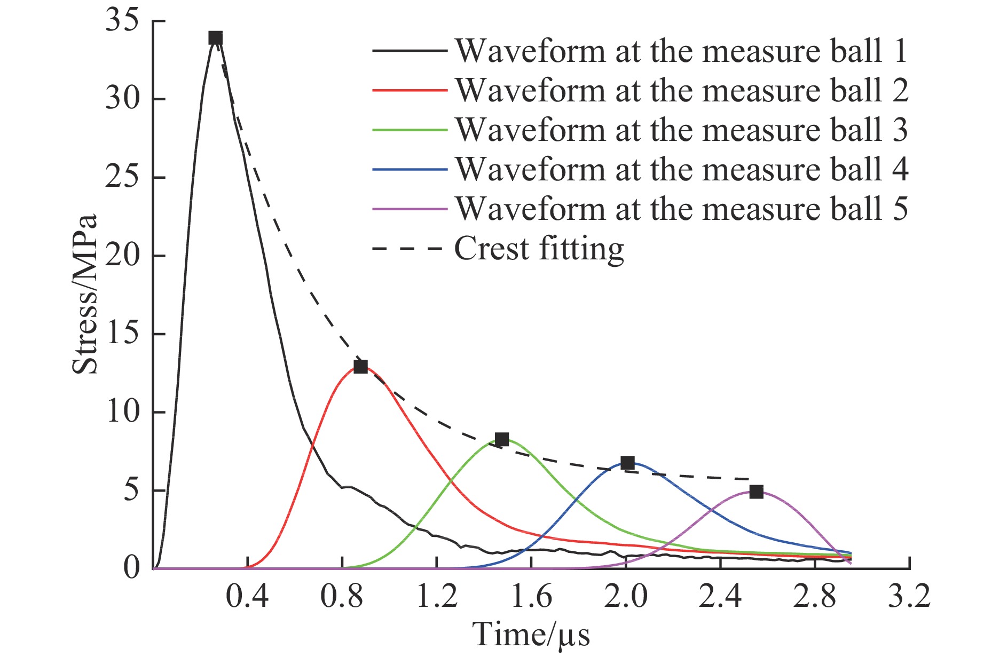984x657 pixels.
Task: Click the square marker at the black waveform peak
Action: point(215,38)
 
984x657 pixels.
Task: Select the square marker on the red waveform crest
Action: point(361,367)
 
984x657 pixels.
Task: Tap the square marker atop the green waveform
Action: point(501,439)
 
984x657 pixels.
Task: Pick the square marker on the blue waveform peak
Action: point(628,463)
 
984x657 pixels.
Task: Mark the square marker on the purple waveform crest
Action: point(756,492)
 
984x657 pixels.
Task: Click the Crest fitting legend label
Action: point(539,249)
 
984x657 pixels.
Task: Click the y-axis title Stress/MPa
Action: point(85,294)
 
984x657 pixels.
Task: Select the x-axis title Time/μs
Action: point(531,635)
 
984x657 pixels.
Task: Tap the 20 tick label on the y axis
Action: point(122,256)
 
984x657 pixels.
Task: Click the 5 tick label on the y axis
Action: point(131,491)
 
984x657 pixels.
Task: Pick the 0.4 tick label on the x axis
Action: point(247,596)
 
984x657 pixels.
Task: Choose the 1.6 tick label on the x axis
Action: point(531,596)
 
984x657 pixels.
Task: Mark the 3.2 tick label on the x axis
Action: point(909,596)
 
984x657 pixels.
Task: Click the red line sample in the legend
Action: point(410,90)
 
